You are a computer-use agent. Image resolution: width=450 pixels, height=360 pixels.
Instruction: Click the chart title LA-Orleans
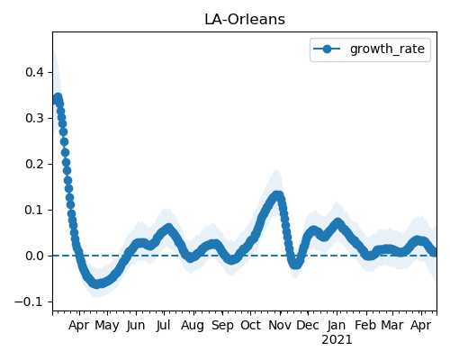click(x=245, y=20)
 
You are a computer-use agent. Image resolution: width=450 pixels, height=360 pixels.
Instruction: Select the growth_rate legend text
click(x=387, y=49)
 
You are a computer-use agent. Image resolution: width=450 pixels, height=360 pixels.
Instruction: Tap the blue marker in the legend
click(x=327, y=49)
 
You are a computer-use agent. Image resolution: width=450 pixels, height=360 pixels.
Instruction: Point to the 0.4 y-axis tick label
click(x=35, y=72)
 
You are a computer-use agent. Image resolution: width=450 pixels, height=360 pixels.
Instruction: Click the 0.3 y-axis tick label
click(x=35, y=118)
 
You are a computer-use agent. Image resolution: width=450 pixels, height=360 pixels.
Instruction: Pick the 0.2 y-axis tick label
click(x=35, y=164)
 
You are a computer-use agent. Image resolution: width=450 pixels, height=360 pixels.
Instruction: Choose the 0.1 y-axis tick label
click(x=35, y=210)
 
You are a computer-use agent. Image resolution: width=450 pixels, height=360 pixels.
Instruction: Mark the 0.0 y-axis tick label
click(x=35, y=256)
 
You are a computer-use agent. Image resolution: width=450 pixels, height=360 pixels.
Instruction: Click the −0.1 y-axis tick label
click(x=30, y=301)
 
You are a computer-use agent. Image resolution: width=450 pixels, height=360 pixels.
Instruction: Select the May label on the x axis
click(x=107, y=326)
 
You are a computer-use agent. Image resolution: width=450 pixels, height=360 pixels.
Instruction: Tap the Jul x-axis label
click(x=164, y=325)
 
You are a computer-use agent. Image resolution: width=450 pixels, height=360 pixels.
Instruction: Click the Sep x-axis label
click(x=222, y=326)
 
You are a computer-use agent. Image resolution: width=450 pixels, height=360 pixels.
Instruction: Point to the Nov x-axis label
click(x=280, y=325)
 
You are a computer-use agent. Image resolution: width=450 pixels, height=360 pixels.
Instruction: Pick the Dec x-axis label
click(x=308, y=325)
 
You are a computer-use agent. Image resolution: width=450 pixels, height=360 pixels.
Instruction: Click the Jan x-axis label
click(x=337, y=325)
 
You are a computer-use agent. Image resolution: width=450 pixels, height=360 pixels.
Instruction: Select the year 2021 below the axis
click(x=337, y=340)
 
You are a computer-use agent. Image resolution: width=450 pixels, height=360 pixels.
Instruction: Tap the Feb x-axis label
click(x=365, y=325)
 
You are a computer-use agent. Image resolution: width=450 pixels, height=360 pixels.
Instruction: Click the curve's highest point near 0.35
click(x=58, y=97)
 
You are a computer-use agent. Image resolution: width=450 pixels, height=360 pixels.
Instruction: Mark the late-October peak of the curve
click(x=278, y=195)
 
